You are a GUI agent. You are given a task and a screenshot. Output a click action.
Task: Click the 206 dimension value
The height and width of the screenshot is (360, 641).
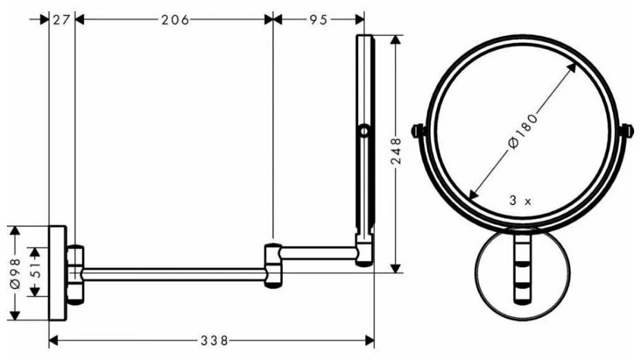point(175,19)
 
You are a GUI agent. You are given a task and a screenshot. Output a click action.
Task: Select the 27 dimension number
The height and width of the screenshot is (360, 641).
point(62,19)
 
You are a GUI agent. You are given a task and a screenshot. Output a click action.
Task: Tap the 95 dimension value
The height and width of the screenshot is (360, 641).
point(318,19)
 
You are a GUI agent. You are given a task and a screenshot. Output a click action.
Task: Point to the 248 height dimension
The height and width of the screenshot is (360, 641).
point(396,151)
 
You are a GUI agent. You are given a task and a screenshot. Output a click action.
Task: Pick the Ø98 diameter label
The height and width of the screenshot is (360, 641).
point(16,273)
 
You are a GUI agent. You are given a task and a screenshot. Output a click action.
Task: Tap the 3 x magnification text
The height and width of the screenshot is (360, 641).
point(520,200)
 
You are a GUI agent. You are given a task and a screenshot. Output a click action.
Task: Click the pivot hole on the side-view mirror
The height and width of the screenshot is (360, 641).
point(364,131)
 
